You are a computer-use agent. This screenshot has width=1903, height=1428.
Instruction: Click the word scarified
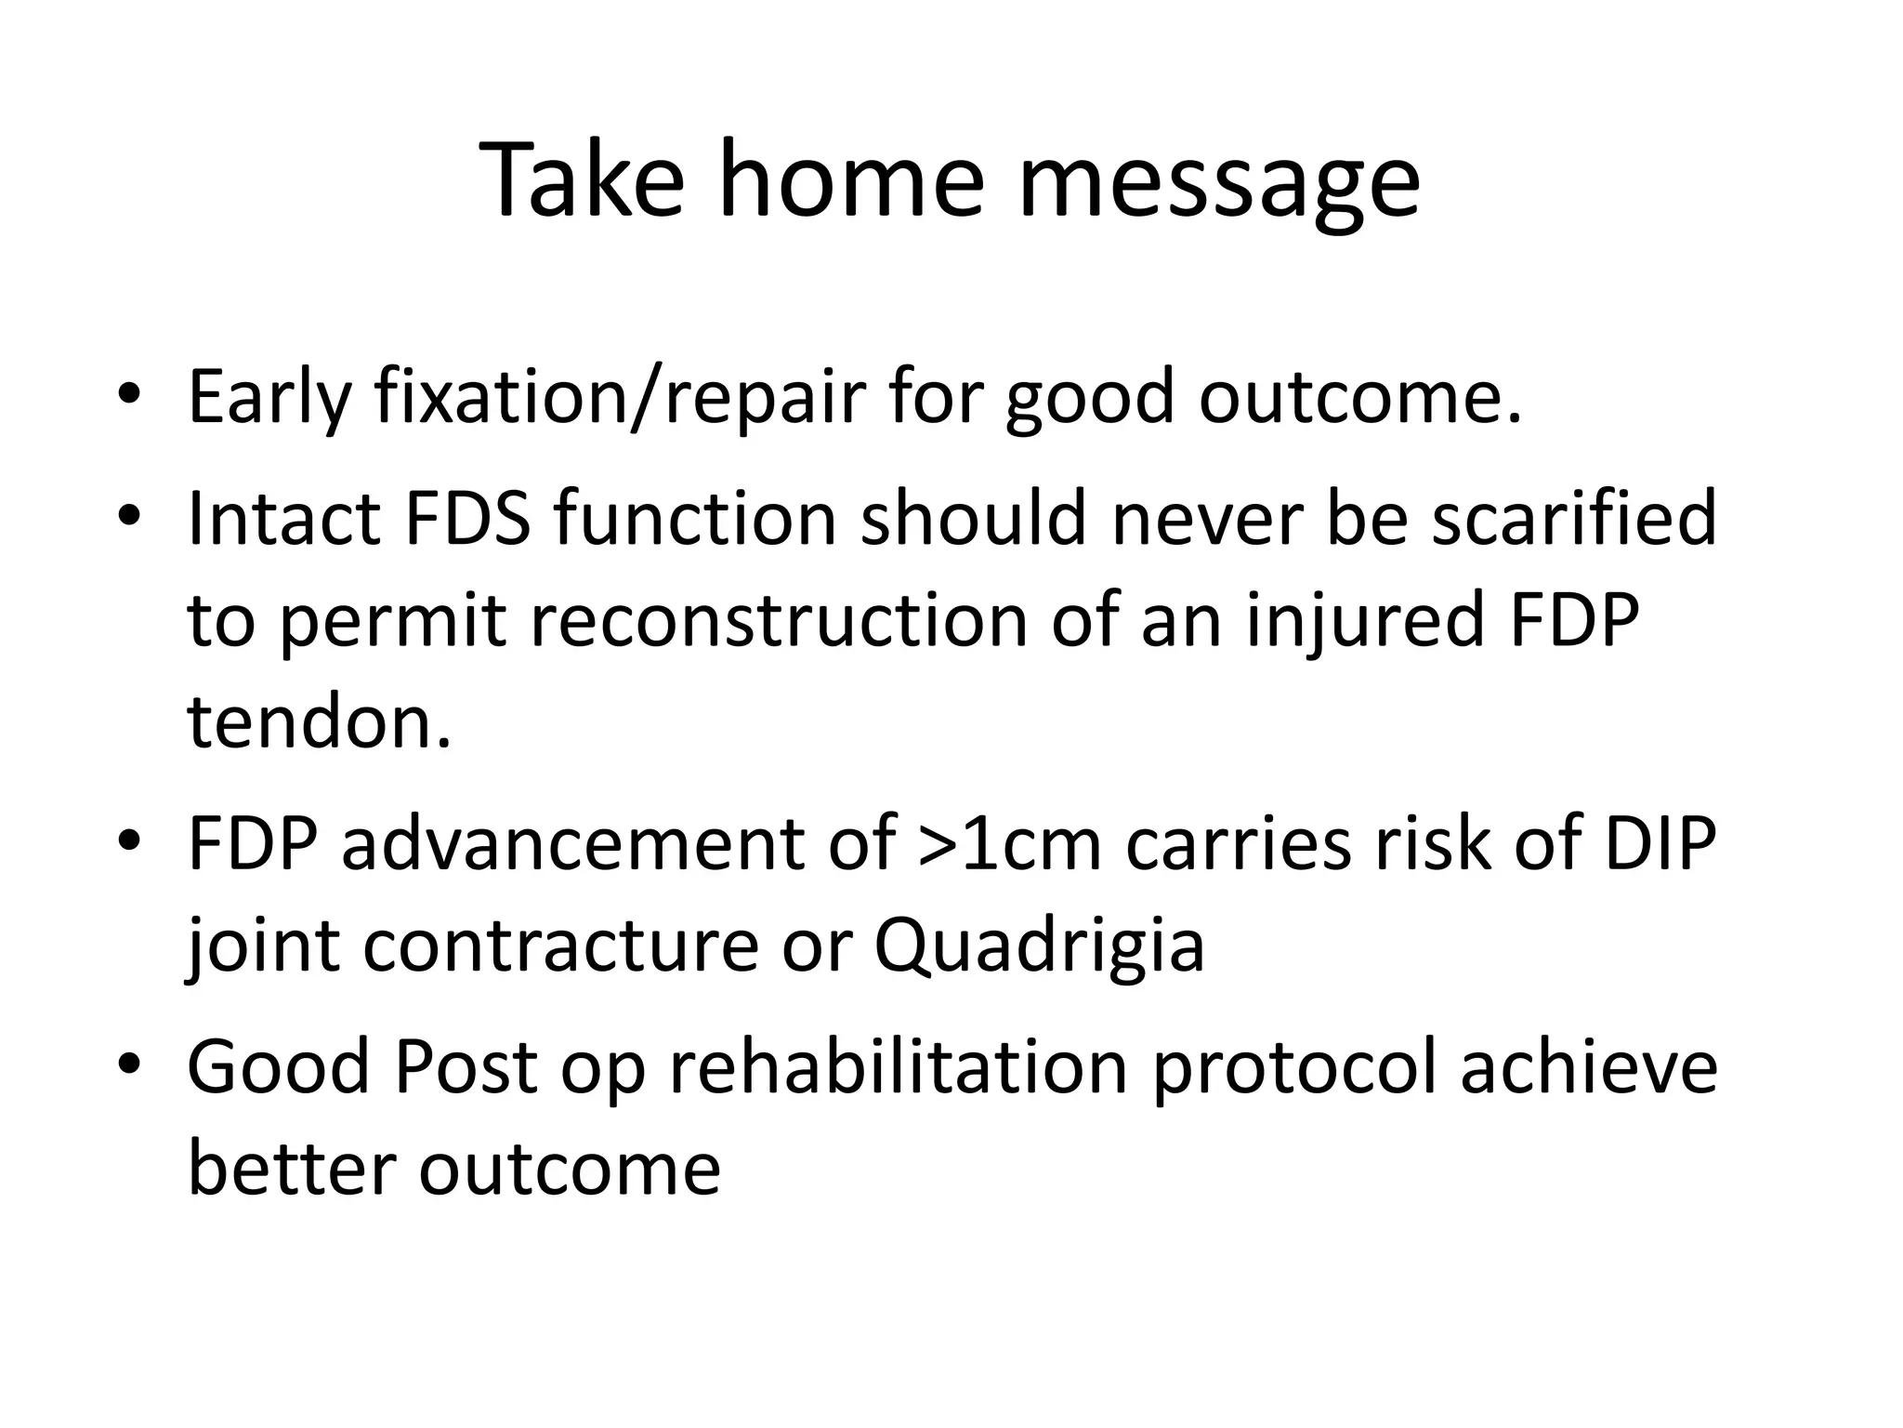point(1573,519)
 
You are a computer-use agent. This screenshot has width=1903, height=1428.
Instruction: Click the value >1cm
point(1008,844)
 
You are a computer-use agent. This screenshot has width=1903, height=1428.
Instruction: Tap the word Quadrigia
point(1038,946)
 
